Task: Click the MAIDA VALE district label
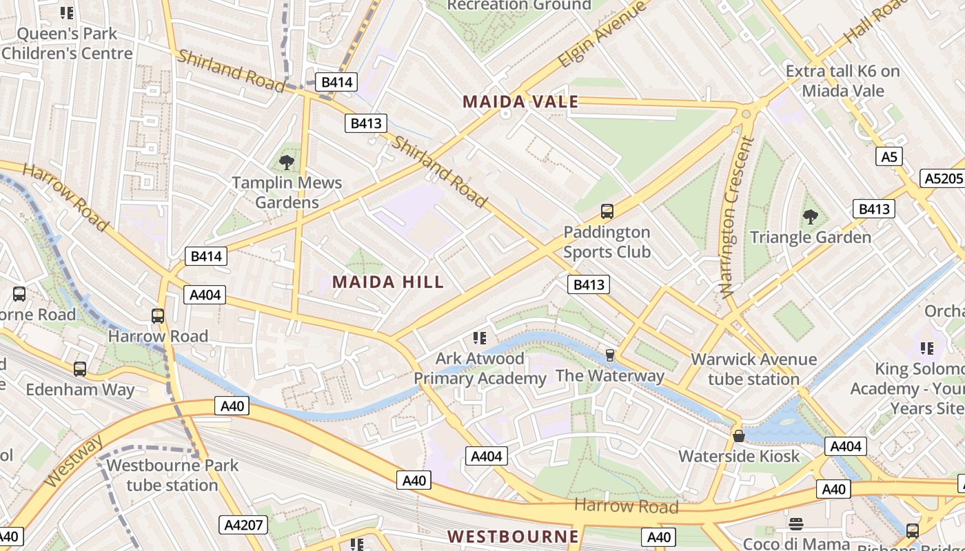(x=520, y=102)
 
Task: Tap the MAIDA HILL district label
(x=388, y=282)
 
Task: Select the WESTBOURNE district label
(x=513, y=536)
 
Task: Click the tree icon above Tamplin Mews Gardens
(x=287, y=163)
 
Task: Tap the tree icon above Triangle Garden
(x=811, y=218)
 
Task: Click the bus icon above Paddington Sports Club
(x=607, y=211)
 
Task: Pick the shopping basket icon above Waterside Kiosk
(x=739, y=436)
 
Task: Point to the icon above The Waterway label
(x=609, y=355)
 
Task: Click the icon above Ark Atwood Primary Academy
(x=480, y=338)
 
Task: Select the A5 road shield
(x=889, y=157)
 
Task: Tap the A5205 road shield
(x=943, y=178)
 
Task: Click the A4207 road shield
(x=244, y=525)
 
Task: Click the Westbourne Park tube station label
(x=172, y=475)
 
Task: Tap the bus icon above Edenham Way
(x=80, y=369)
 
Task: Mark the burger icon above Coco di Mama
(x=796, y=524)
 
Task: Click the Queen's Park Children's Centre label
(x=67, y=43)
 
